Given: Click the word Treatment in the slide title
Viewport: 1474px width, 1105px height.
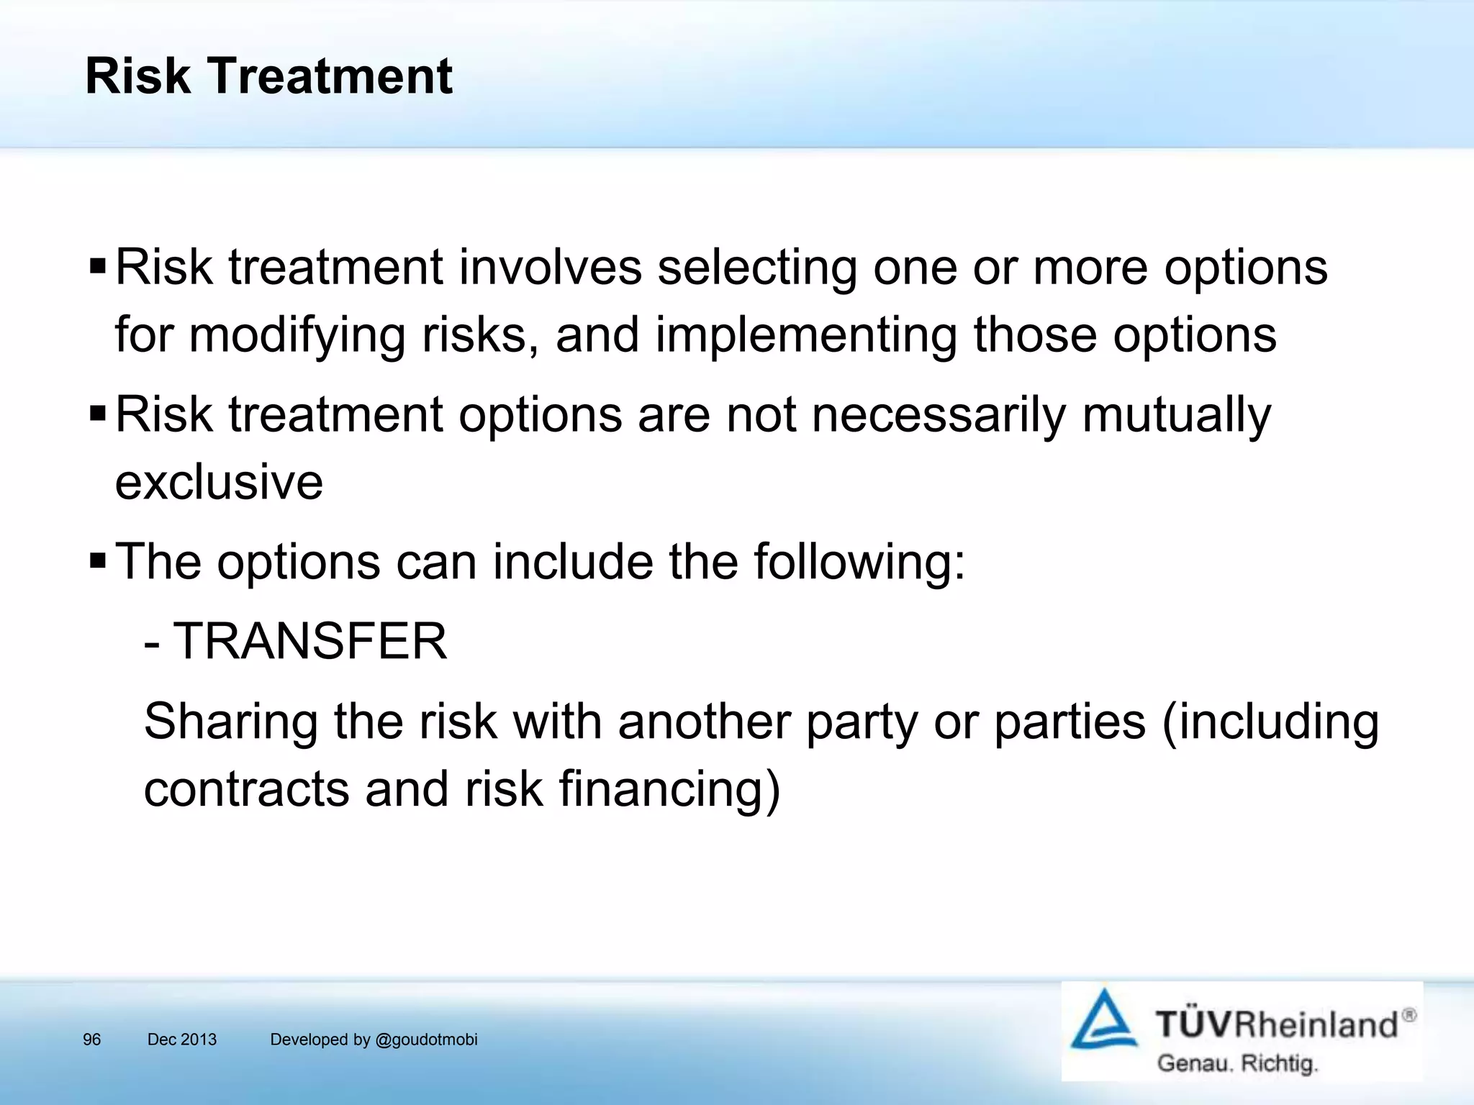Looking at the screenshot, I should pos(330,76).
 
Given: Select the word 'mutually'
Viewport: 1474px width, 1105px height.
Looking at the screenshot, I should pos(1176,416).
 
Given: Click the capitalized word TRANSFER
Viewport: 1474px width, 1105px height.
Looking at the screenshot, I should pos(310,642).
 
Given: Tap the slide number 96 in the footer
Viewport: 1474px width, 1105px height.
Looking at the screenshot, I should pos(92,1040).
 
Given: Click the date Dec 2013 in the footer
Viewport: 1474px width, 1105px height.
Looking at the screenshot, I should pos(181,1040).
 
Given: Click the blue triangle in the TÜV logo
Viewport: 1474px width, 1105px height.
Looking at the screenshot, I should pos(1104,1022).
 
